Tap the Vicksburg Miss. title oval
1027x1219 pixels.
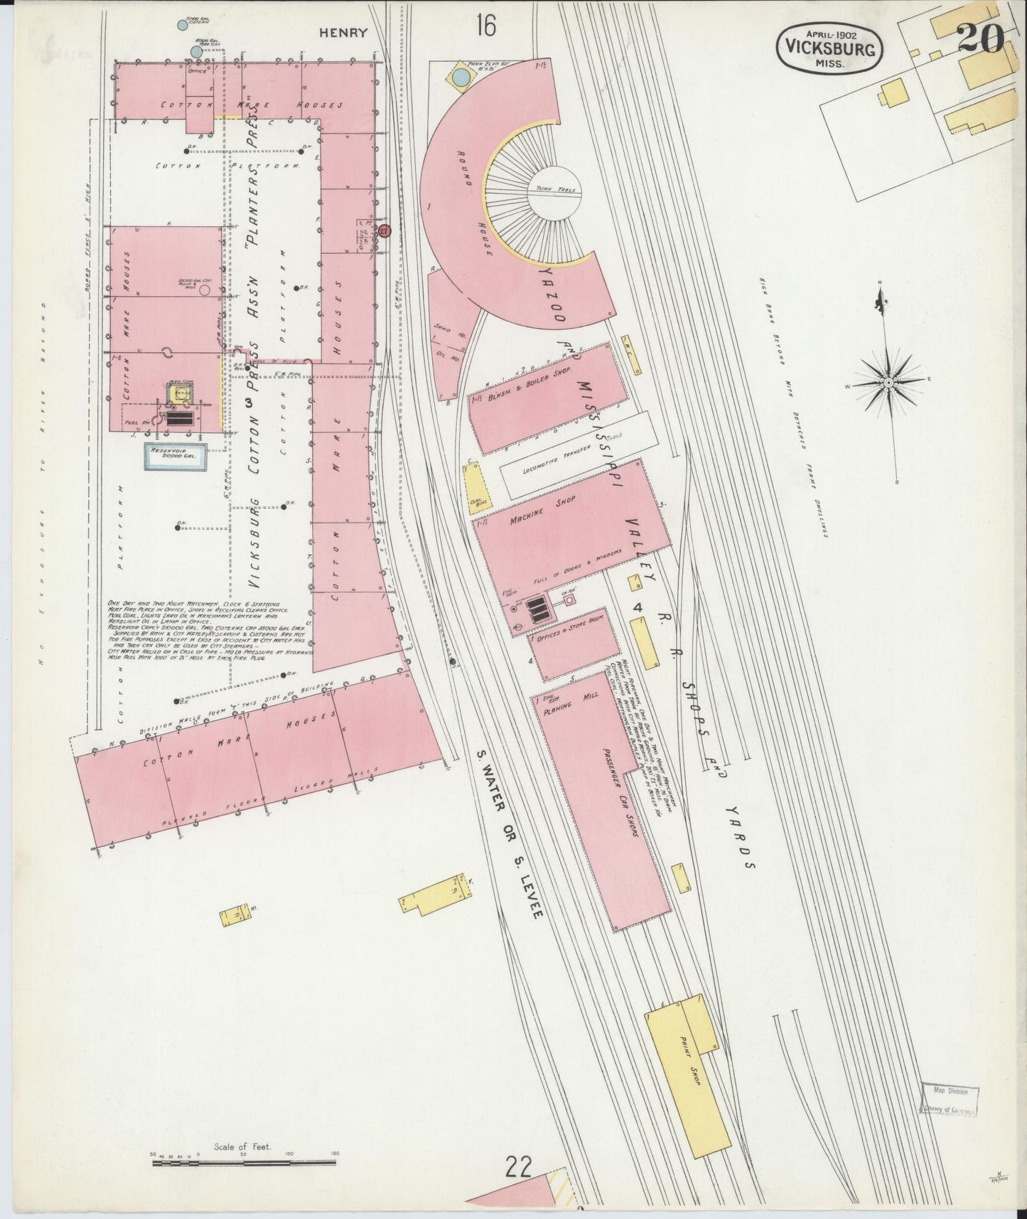829,47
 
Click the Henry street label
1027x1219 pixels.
343,33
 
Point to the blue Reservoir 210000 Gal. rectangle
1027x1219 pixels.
176,457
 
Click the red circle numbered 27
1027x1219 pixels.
385,230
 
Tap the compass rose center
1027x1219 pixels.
888,383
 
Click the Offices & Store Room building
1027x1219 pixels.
574,643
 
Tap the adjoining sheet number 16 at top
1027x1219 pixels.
486,26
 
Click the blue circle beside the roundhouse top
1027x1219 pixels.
461,77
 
